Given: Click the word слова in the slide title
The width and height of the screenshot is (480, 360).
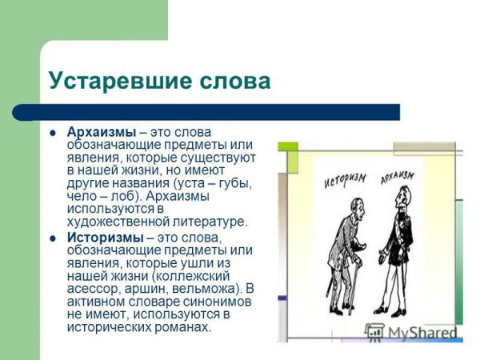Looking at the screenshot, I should tap(231, 82).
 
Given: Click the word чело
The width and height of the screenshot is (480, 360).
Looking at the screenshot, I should tap(80, 196).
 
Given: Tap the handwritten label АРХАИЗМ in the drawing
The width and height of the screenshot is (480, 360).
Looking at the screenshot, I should tap(398, 175).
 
